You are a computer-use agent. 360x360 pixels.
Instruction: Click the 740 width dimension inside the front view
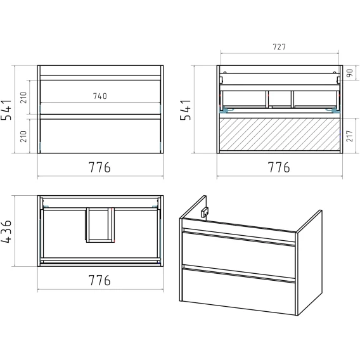tap(100, 96)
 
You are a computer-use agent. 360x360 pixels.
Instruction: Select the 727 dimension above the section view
tap(279, 47)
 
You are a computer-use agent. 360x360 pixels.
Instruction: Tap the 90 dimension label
tap(349, 73)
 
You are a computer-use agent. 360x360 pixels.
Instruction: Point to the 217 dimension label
tap(349, 136)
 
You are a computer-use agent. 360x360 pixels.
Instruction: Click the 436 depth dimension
tap(6, 231)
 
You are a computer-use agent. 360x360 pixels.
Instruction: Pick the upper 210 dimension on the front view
tap(23, 98)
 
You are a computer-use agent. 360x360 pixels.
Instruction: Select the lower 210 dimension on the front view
tap(23, 136)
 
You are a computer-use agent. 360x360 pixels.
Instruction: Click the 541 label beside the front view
tap(6, 110)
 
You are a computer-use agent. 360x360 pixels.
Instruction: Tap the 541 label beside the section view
tap(186, 110)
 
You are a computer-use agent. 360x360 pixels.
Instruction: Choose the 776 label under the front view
tap(100, 167)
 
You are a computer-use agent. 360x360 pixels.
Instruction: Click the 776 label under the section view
tap(279, 167)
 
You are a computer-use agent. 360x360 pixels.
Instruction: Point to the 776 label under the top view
tap(100, 280)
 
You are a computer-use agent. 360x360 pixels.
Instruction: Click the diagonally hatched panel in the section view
tap(280, 134)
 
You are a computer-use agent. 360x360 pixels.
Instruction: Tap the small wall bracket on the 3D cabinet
tap(205, 212)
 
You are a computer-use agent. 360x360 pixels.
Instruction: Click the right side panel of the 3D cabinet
tap(309, 262)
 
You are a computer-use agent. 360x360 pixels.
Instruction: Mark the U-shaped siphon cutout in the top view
tap(100, 225)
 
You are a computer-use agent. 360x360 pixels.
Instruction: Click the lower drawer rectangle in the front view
tap(100, 136)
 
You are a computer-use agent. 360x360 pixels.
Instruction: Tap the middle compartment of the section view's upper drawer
tap(280, 99)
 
